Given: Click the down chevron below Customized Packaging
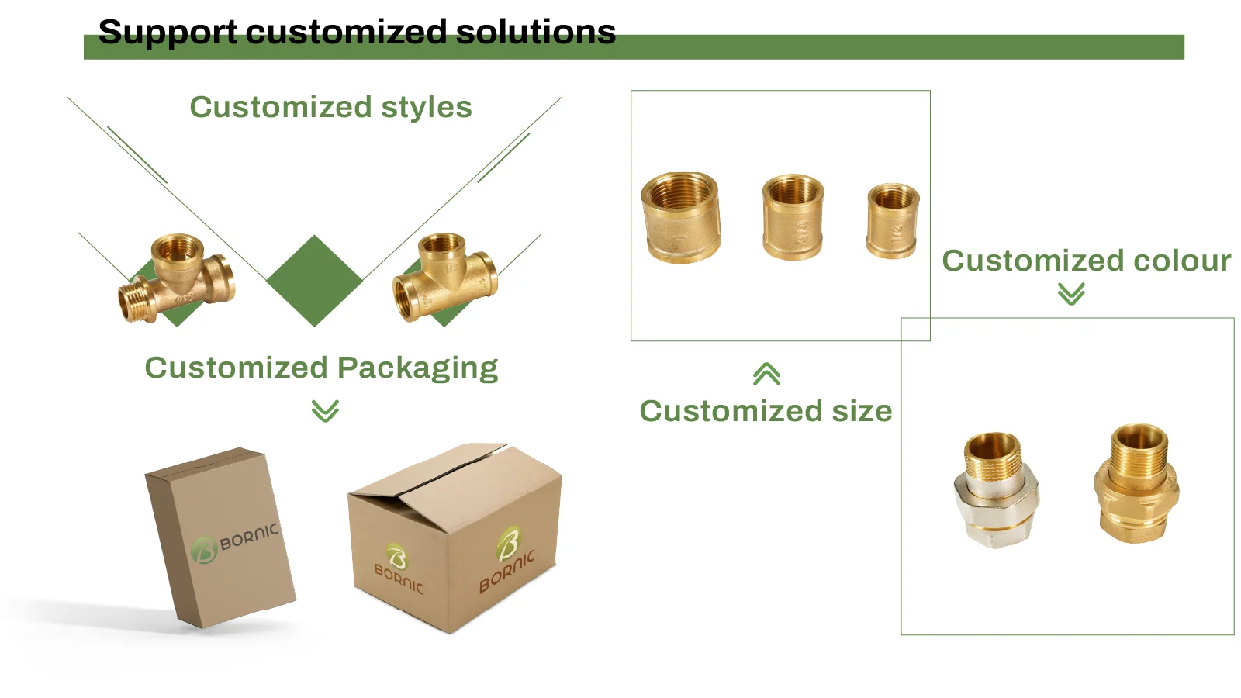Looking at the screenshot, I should click(325, 410).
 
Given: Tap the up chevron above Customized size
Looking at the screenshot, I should click(766, 375).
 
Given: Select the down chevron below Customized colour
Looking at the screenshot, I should click(1071, 294).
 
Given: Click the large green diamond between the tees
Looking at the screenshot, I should click(314, 281).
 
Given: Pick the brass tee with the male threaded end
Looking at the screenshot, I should click(177, 279).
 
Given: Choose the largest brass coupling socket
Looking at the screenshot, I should click(681, 218).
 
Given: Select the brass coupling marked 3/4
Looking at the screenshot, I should click(793, 217).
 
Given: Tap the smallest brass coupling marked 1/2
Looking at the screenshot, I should click(893, 220).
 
